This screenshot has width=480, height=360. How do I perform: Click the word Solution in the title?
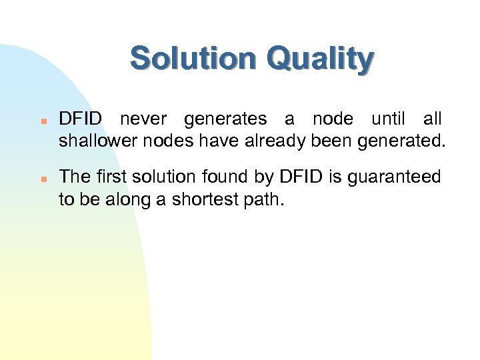[192, 59]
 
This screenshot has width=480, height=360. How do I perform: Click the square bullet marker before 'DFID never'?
[42, 121]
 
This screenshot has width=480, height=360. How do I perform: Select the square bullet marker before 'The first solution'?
[42, 179]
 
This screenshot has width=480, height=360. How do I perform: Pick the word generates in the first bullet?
[225, 119]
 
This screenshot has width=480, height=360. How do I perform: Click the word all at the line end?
[432, 119]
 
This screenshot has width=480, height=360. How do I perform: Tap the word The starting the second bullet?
[75, 177]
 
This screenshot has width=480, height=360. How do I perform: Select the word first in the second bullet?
[114, 177]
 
